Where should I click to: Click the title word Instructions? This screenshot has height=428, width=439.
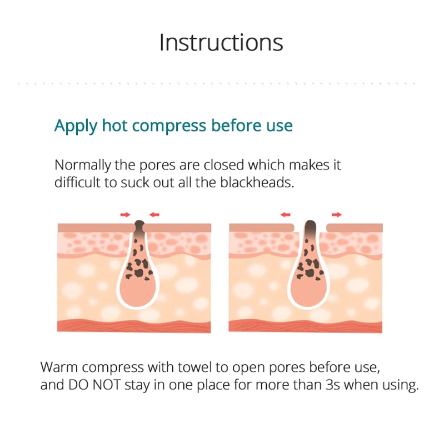click(221, 43)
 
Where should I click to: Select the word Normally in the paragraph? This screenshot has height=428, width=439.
click(83, 165)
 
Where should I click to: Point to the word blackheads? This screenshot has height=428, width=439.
click(257, 183)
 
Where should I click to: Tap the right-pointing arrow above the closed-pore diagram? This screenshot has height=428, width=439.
click(126, 215)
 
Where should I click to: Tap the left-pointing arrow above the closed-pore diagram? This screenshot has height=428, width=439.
click(154, 215)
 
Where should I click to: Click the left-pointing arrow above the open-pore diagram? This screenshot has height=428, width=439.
click(286, 215)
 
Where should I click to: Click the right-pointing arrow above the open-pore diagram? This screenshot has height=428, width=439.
click(337, 215)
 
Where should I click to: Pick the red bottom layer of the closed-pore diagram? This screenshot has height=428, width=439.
click(134, 326)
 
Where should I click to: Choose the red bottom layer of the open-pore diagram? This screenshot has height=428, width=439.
click(305, 326)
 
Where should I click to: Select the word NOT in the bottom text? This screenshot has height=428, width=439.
click(106, 385)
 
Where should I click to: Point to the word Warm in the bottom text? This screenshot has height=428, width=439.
click(59, 367)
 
